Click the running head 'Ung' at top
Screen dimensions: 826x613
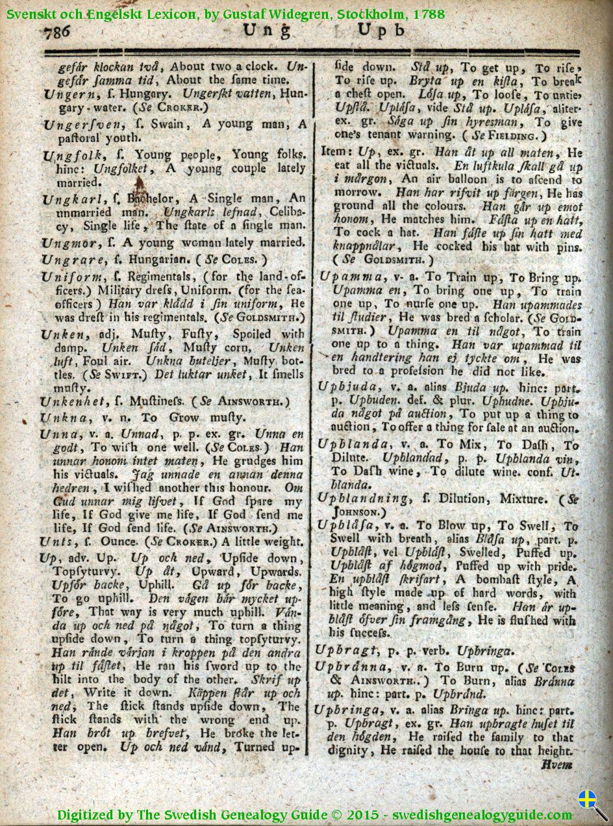click(262, 31)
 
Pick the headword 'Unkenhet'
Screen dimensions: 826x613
click(68, 402)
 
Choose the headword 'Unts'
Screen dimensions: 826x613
click(53, 542)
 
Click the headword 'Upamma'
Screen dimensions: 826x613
click(344, 275)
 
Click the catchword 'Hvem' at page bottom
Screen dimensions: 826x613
click(557, 765)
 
